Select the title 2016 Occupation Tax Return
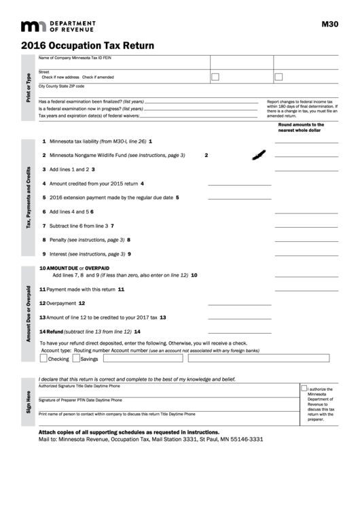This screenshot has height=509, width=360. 88,46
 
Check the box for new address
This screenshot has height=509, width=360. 215,77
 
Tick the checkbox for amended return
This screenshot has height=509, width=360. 278,77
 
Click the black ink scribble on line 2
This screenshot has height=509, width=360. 257,156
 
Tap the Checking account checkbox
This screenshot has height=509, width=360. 44,358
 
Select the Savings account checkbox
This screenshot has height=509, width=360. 76,358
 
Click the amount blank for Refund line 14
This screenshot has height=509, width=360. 305,332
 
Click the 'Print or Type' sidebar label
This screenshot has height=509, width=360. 29,87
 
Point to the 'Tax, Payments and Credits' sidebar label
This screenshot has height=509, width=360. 29,197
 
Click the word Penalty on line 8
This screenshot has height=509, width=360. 58,240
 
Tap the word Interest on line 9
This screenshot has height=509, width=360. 59,254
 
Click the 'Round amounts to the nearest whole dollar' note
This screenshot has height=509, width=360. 301,127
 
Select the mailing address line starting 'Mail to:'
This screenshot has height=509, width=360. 151,440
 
